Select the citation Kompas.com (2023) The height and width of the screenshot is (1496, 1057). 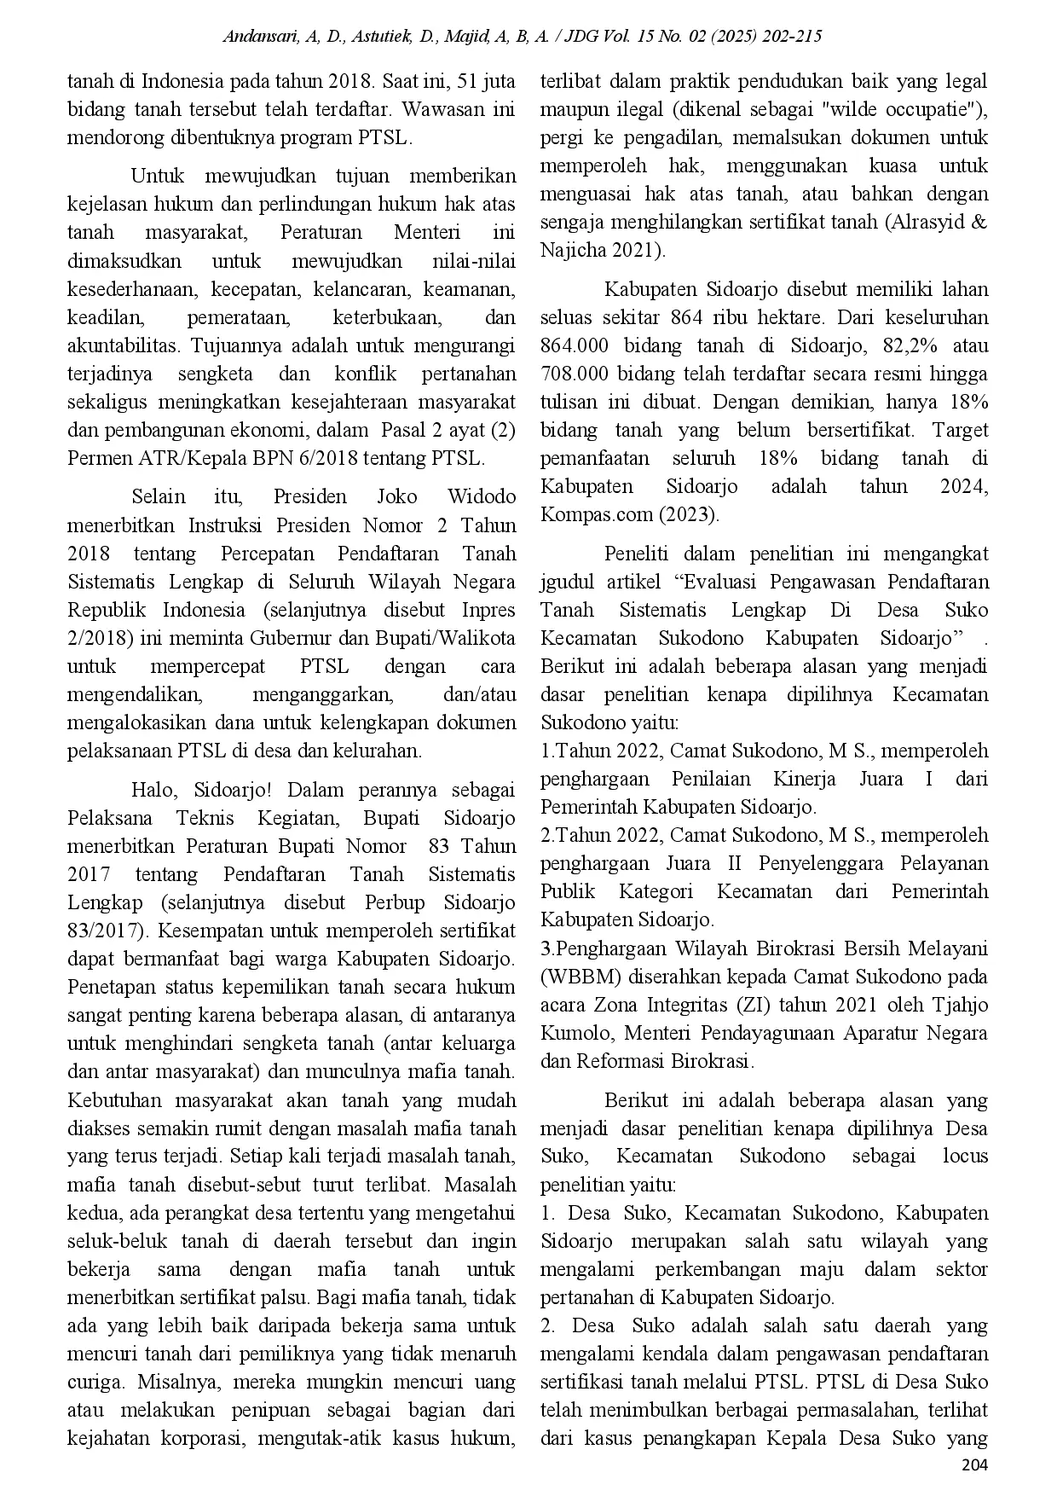[630, 515]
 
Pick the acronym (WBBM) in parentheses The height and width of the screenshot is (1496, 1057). [575, 977]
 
